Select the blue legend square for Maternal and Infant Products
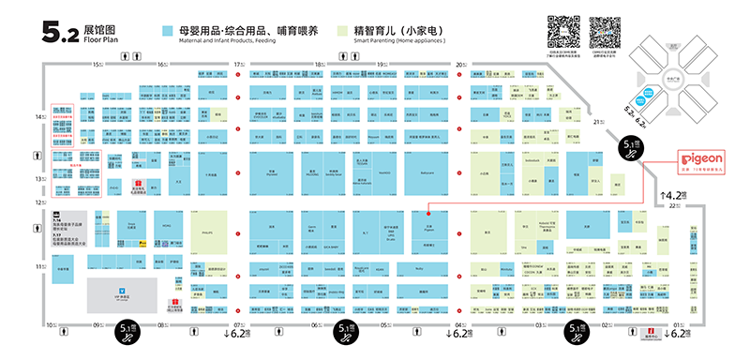[168, 32]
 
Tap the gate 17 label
[238, 64]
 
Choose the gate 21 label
[595, 122]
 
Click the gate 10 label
[52, 324]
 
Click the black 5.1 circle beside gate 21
[631, 144]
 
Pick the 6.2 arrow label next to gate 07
[234, 334]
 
